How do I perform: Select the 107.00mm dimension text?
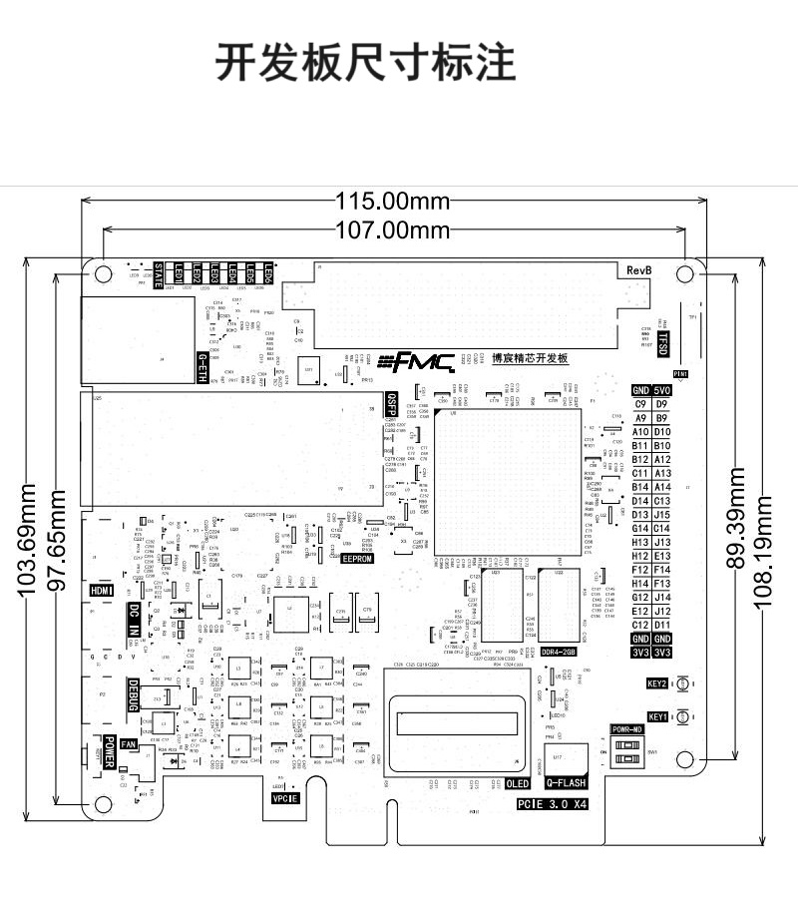(393, 230)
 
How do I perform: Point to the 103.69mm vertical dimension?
(28, 540)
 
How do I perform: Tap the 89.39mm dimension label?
(736, 518)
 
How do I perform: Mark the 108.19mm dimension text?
(765, 539)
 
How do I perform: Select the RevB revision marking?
(639, 271)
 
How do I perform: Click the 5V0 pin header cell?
(662, 390)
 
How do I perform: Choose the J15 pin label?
(662, 514)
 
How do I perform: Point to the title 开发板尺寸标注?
(366, 62)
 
